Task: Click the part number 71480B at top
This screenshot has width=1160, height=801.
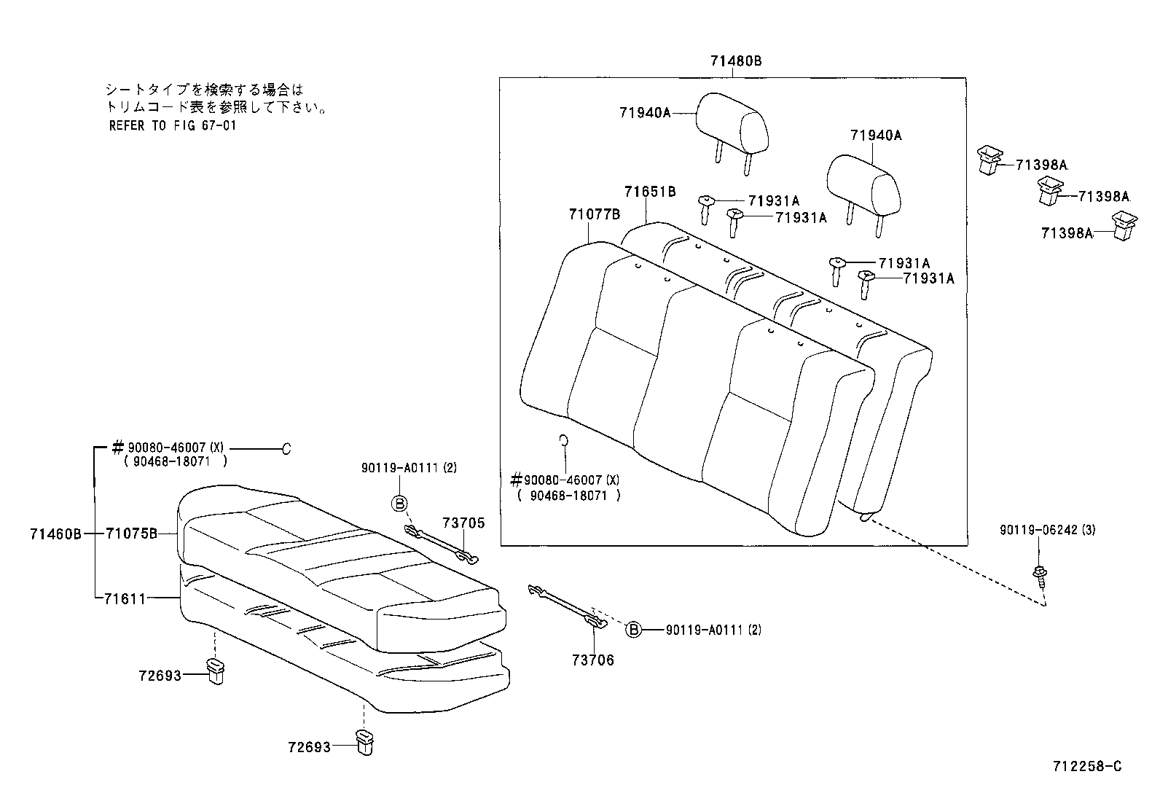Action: pyautogui.click(x=736, y=62)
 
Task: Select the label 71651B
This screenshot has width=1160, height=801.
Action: pyautogui.click(x=650, y=192)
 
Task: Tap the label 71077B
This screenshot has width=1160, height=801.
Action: pyautogui.click(x=594, y=214)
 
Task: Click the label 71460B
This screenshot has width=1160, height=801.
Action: pyautogui.click(x=55, y=534)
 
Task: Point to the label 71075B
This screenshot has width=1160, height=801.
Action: pyautogui.click(x=131, y=534)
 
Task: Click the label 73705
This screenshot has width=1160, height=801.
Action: pyautogui.click(x=463, y=523)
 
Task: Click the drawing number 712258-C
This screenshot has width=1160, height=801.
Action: pyautogui.click(x=1086, y=766)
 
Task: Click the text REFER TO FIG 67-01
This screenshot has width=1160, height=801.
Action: pyautogui.click(x=173, y=125)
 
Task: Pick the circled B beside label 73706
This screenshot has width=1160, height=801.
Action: pyautogui.click(x=634, y=630)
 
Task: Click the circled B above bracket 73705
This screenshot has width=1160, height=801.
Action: pyautogui.click(x=400, y=502)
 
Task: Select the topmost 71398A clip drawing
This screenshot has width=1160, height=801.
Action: pyautogui.click(x=988, y=160)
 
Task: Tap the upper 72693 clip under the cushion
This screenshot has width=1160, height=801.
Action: pyautogui.click(x=216, y=671)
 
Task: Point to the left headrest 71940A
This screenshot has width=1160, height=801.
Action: pyautogui.click(x=732, y=128)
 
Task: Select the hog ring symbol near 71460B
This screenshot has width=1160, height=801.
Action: pyautogui.click(x=286, y=449)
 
